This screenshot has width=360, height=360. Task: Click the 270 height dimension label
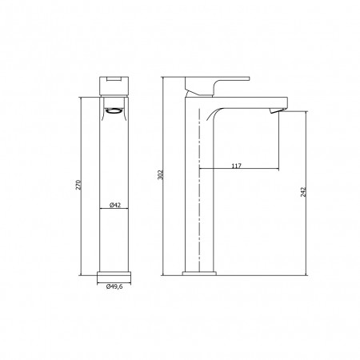click(x=78, y=185)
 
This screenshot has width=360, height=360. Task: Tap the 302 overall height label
click(x=160, y=174)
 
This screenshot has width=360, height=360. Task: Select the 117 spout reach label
click(x=236, y=166)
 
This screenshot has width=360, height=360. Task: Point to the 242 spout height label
click(x=303, y=192)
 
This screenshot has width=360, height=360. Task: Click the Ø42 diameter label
click(x=115, y=205)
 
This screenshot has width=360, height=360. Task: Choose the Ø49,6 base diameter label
click(x=114, y=286)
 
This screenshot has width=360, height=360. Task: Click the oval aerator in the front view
click(x=114, y=111)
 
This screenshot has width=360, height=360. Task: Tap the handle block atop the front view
click(x=114, y=86)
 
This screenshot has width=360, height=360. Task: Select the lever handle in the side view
click(x=218, y=86)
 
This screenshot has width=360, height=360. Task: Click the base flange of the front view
click(x=114, y=274)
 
